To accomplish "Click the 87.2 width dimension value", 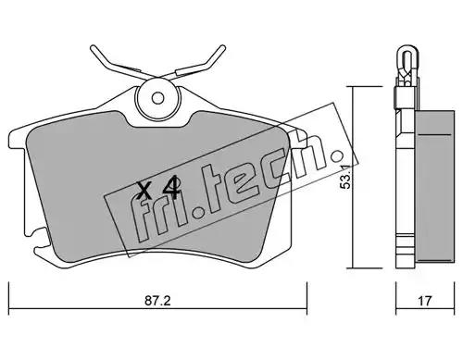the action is (157, 301).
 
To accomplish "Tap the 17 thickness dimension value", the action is (424, 301).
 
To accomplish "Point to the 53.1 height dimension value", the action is (344, 177).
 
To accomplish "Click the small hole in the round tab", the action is (157, 98).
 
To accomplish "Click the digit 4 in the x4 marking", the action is (171, 188).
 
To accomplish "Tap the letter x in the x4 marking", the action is (144, 191).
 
